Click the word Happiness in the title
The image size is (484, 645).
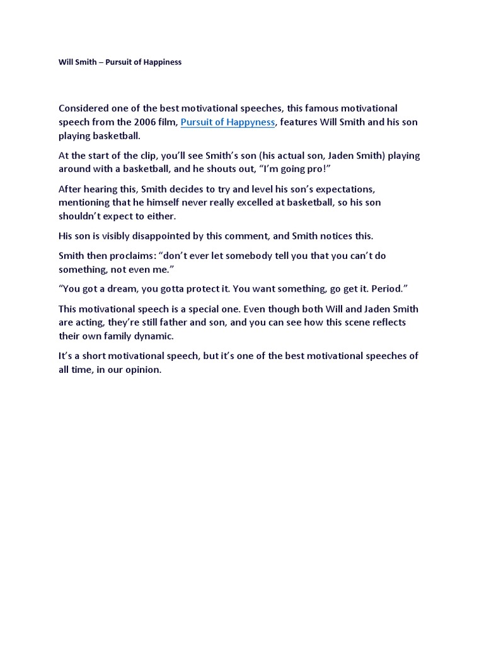[x=161, y=62]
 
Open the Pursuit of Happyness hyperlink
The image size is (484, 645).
[x=228, y=122]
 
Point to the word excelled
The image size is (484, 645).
[x=231, y=202]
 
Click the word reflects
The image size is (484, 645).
[x=386, y=322]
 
